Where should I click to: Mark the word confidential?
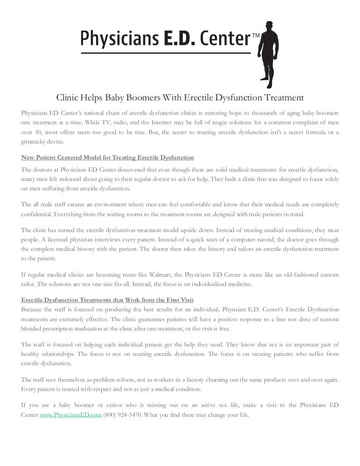[x=38, y=214]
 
